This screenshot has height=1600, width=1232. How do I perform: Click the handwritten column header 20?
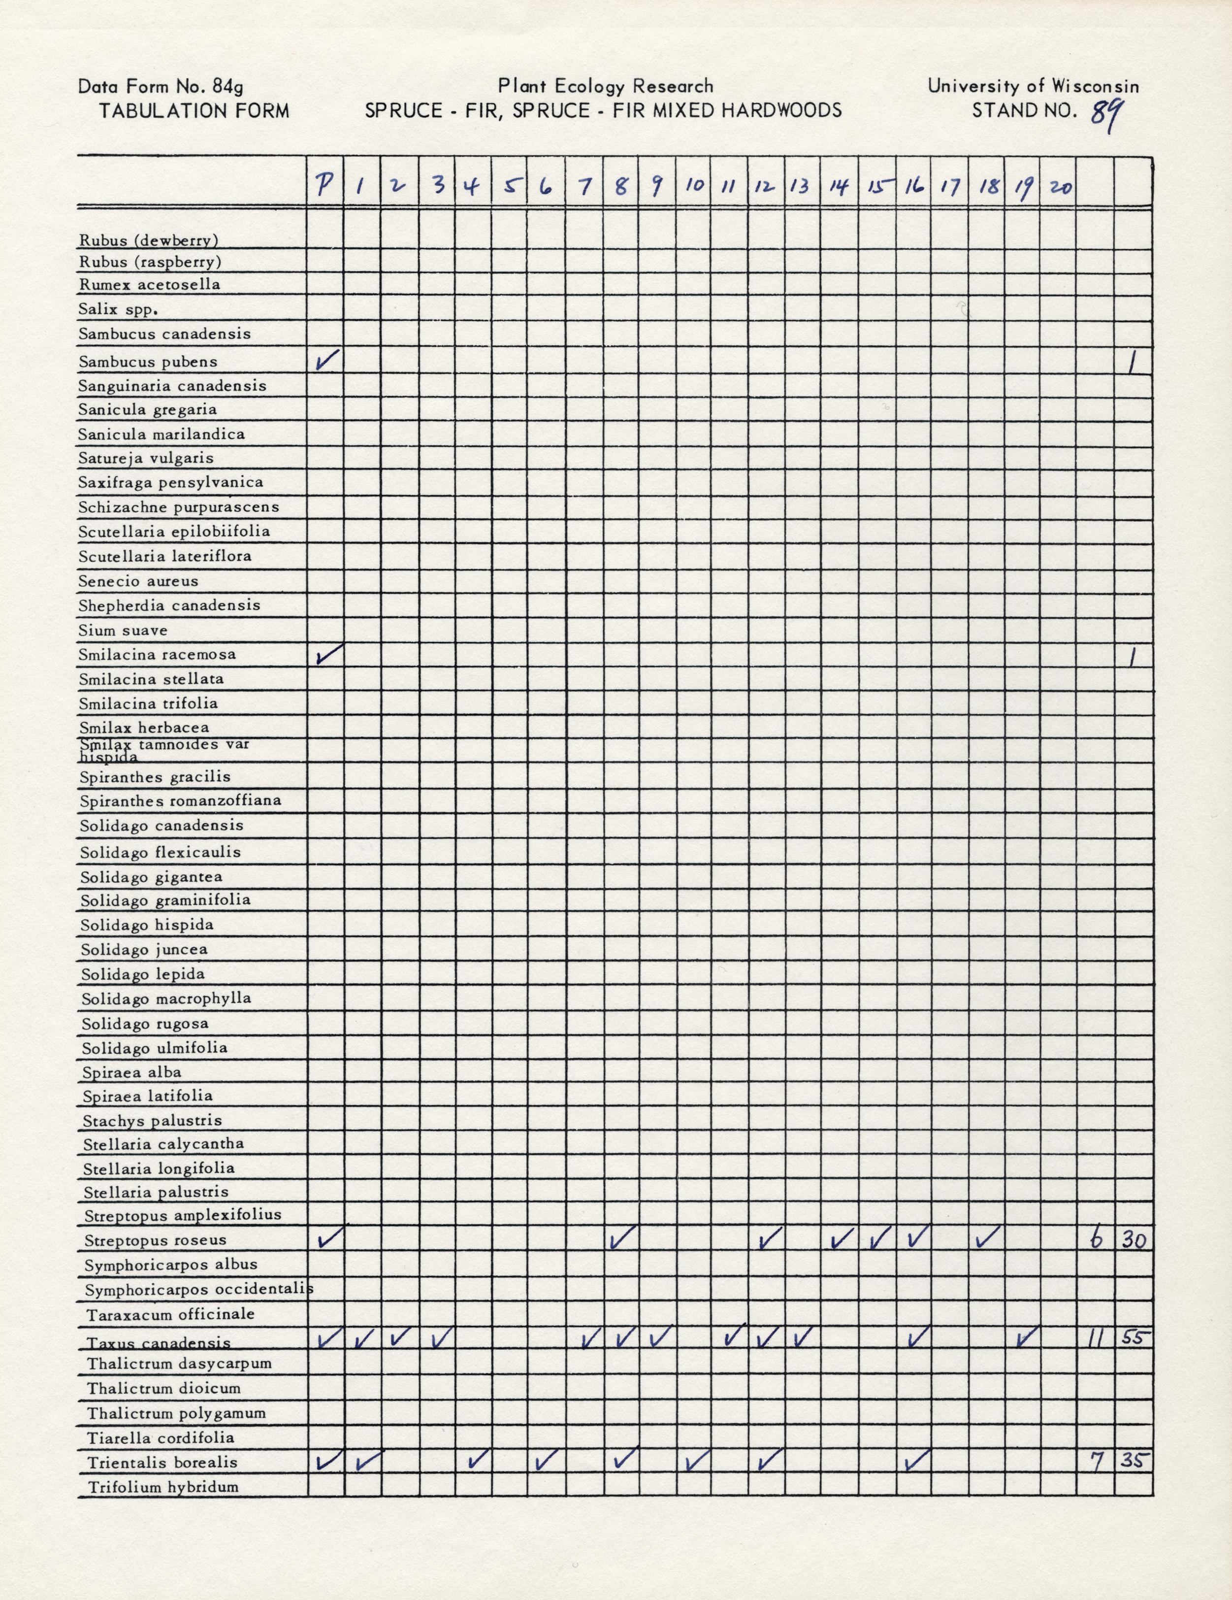1058,188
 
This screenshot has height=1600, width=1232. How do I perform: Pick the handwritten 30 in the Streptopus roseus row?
1133,1240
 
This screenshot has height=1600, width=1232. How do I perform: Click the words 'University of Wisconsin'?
1033,86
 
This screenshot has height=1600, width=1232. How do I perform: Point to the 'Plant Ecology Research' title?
605,86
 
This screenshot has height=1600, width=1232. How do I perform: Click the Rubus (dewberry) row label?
149,240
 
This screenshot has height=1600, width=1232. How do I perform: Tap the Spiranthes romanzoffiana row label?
180,800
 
